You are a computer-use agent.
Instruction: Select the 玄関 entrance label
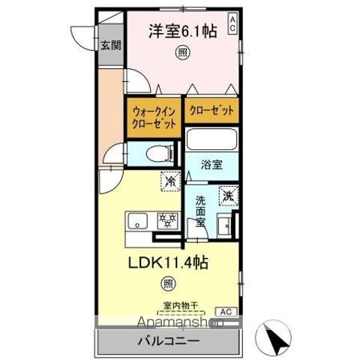(110, 45)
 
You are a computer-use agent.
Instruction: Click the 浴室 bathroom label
(211, 163)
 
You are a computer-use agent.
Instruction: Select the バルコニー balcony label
(168, 342)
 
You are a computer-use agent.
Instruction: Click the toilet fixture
(157, 154)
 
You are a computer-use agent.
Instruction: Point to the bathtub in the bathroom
(211, 139)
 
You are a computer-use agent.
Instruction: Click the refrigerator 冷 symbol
(170, 181)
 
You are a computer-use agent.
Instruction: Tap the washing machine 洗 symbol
(227, 196)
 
